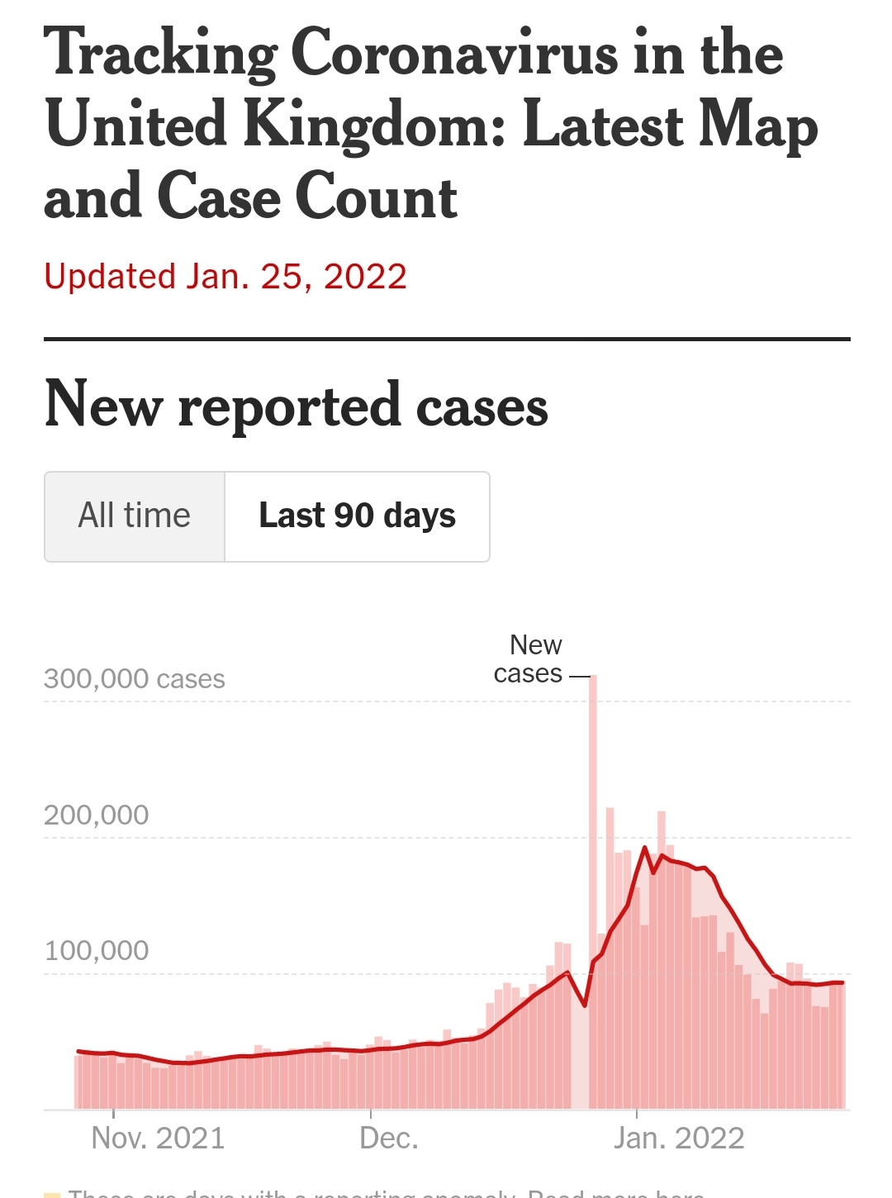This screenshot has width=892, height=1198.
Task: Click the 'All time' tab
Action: (x=134, y=516)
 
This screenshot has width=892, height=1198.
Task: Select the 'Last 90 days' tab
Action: (x=357, y=516)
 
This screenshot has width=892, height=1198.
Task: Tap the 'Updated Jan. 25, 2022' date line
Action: (x=225, y=277)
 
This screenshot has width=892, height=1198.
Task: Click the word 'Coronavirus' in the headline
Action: (x=454, y=53)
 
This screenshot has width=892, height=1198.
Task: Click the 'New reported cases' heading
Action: (x=297, y=406)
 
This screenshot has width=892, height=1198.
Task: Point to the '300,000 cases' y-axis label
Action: (x=135, y=679)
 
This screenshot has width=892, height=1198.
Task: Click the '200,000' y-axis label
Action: (x=97, y=815)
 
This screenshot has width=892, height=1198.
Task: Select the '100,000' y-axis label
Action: (x=97, y=951)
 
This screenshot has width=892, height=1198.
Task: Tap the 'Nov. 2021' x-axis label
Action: (x=158, y=1139)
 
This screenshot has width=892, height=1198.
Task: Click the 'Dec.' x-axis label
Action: (x=389, y=1139)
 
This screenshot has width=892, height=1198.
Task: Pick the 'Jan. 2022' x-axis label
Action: (x=679, y=1139)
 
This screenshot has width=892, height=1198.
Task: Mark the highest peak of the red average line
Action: (x=644, y=848)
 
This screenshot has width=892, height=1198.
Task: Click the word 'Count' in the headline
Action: (x=377, y=198)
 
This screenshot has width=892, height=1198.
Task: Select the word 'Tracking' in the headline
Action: (x=161, y=53)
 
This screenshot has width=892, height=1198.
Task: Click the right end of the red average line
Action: (x=842, y=982)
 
